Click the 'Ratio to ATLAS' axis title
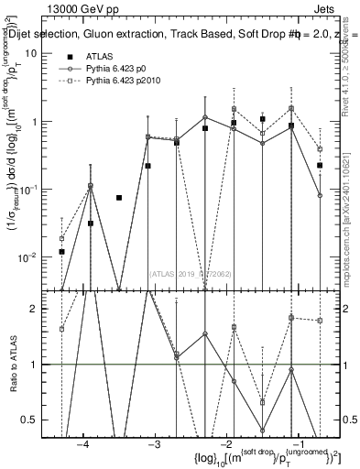(x=14, y=365)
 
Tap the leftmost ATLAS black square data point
(x=61, y=251)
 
